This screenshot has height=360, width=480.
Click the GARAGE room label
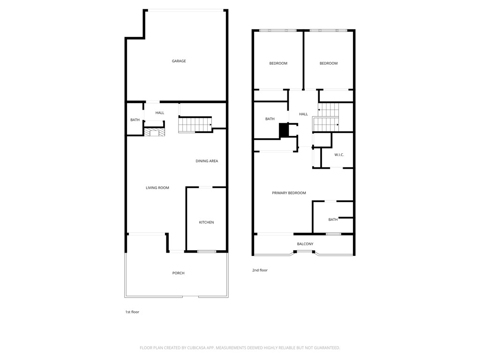pyautogui.click(x=179, y=61)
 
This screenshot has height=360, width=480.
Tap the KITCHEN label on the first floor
pyautogui.click(x=206, y=222)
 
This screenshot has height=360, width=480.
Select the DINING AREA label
pyautogui.click(x=207, y=161)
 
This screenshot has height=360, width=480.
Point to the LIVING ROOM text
pyautogui.click(x=157, y=188)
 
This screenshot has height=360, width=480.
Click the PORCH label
pyautogui.click(x=178, y=273)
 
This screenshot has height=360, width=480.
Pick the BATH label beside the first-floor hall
pyautogui.click(x=135, y=120)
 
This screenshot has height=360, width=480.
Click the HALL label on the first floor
pyautogui.click(x=160, y=113)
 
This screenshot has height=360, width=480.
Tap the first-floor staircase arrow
pyautogui.click(x=211, y=125)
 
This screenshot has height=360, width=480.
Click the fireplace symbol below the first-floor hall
pyautogui.click(x=154, y=132)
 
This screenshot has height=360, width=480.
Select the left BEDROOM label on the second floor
pyautogui.click(x=278, y=63)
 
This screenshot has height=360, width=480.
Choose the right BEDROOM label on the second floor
pyautogui.click(x=329, y=63)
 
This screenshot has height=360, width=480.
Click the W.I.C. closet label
pyautogui.click(x=339, y=155)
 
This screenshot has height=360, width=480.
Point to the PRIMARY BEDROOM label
pyautogui.click(x=289, y=193)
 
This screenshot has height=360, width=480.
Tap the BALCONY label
pyautogui.click(x=305, y=244)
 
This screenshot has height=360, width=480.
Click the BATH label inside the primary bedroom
pyautogui.click(x=333, y=219)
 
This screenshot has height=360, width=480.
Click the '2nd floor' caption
pyautogui.click(x=260, y=270)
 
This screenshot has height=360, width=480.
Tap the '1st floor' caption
pyautogui.click(x=132, y=312)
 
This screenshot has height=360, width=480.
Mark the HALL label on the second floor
pyautogui.click(x=304, y=114)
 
